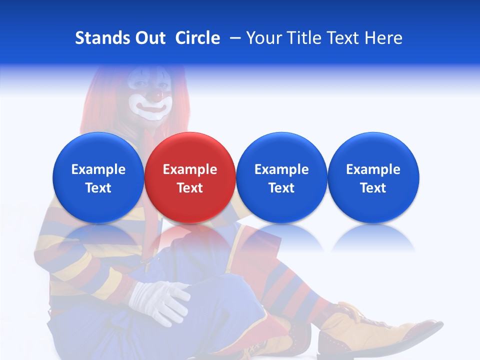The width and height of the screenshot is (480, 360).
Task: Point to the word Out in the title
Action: click(149, 38)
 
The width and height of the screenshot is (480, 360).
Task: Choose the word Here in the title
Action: click(383, 38)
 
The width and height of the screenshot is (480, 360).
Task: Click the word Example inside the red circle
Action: click(190, 169)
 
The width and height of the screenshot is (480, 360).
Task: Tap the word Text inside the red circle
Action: click(190, 188)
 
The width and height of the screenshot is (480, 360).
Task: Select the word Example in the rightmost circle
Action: click(373, 169)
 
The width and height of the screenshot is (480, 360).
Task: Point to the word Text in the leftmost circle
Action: click(98, 188)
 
